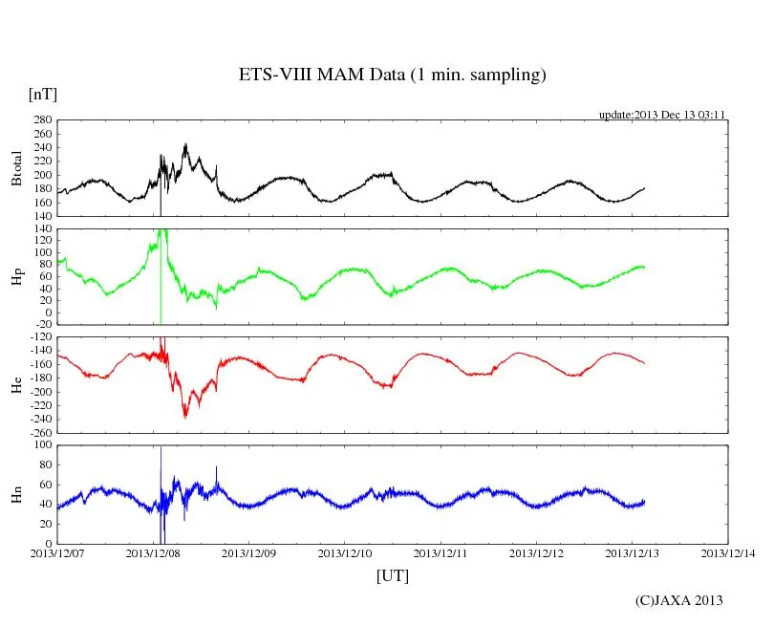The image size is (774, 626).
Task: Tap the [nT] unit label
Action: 42,95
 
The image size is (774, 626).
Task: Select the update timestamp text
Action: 662,115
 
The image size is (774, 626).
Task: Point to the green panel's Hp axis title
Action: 16,276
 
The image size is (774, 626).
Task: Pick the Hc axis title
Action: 16,384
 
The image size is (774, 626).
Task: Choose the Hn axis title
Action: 16,493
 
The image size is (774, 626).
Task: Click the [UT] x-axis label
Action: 393,576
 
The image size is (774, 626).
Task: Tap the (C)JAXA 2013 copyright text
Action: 679,600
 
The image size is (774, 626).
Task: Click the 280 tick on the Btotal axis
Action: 41,120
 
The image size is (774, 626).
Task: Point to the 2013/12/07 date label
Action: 57,553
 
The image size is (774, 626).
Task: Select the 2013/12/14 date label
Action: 728,553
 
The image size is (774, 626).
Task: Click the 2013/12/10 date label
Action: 345,553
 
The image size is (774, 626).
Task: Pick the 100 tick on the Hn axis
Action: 43,445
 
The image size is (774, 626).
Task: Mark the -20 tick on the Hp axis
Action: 41,324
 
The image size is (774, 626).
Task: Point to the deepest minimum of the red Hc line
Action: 185,417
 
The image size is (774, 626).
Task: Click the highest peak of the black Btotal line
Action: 185,145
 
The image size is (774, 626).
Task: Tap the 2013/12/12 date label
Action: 537,553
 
